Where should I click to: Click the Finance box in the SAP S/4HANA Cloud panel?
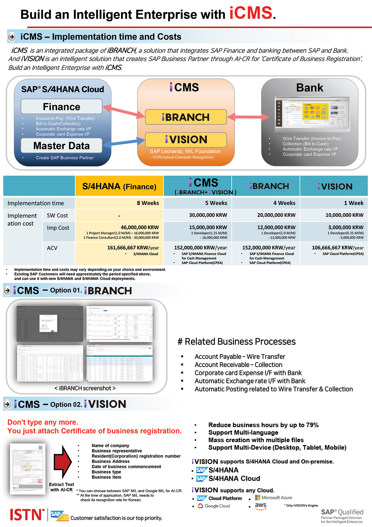[61, 107]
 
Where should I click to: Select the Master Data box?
[61, 146]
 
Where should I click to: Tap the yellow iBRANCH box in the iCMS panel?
[186, 117]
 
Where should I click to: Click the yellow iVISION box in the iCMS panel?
[186, 140]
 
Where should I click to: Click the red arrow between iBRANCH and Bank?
[248, 117]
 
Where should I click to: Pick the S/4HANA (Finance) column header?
[119, 187]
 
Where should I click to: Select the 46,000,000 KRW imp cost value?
[139, 227]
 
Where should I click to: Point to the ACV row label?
[52, 248]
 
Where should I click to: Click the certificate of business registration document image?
[28, 468]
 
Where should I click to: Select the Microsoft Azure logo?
[273, 498]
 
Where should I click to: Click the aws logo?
[261, 506]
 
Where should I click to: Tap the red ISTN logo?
[27, 515]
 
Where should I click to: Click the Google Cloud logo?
[214, 506]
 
